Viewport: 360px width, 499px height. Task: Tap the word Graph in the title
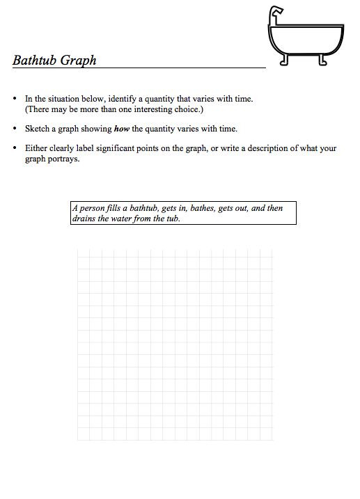78,61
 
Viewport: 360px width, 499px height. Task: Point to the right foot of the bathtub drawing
322,60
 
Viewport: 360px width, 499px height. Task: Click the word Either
36,148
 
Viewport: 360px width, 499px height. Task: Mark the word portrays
64,159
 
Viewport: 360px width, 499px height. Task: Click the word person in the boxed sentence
92,208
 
